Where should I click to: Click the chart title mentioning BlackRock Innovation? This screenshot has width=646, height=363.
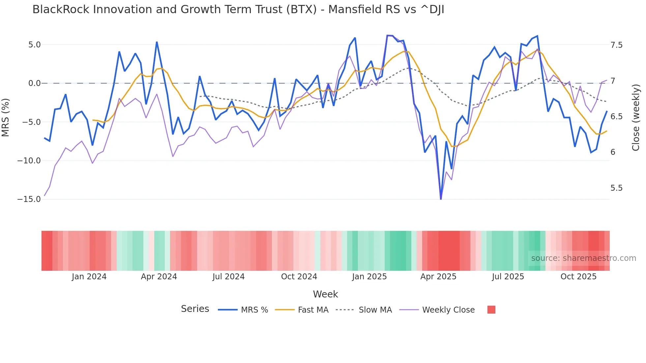238,10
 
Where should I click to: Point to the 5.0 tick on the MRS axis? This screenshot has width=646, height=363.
34,45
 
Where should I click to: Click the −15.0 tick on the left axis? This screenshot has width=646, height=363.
29,199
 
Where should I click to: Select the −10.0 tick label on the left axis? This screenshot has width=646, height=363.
29,161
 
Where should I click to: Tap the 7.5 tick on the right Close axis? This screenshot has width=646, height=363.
616,45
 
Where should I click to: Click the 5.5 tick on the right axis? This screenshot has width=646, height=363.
616,188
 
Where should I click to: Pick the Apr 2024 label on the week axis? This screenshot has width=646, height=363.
159,277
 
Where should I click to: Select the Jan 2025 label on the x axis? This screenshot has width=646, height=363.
369,277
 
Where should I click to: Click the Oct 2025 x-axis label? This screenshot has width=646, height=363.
578,277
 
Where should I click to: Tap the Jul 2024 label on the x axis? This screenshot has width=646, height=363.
228,277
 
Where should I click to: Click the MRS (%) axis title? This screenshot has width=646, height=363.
5,117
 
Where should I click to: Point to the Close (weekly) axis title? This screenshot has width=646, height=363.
636,117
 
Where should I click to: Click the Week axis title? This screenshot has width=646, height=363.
325,294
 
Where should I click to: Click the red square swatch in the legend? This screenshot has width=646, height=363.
491,310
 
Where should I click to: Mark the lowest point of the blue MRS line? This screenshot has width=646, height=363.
441,199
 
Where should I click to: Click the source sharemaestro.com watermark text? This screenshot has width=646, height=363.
583,258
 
